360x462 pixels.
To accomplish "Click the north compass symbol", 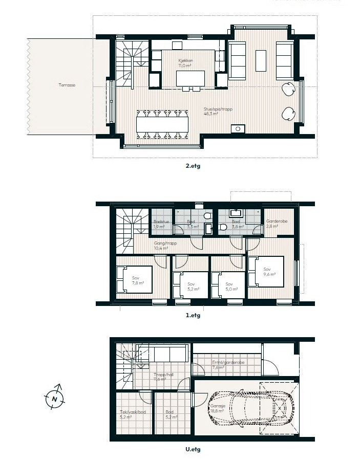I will point(54,398).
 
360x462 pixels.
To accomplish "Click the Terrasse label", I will point(67,85).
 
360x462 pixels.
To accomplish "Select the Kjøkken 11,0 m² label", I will point(185,63).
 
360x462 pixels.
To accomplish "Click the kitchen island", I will point(189,78).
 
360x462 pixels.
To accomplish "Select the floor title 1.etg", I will point(193,315).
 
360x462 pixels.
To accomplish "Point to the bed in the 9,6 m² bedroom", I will point(266,271).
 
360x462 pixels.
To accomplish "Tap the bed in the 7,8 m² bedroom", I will point(134,279).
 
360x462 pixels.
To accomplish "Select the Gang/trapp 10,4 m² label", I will point(165,246).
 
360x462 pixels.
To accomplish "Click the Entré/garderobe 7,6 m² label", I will point(228,364).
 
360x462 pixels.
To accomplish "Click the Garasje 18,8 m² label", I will point(217,408).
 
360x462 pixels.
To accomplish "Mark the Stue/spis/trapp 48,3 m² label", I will point(210,112).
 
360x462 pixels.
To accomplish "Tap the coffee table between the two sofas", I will point(261,60).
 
